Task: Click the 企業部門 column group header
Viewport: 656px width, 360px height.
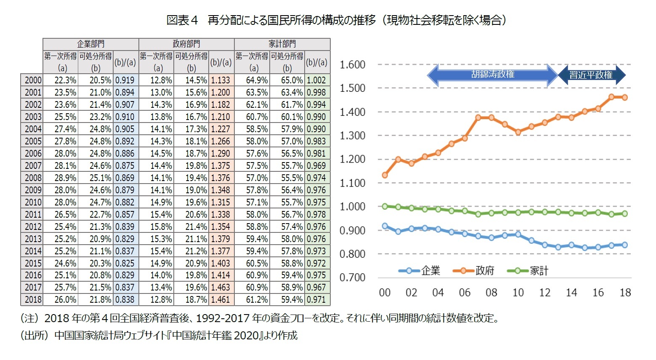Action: (90, 44)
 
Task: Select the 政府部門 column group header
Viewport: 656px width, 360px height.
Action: (186, 44)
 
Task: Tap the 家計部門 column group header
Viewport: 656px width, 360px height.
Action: (282, 44)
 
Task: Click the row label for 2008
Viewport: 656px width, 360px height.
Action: (32, 178)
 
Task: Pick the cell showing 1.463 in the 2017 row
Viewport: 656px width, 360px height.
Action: (220, 288)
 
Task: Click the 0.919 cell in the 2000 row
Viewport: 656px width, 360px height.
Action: (125, 80)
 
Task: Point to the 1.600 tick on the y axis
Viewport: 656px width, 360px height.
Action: (352, 65)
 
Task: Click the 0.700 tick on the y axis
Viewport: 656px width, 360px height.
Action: (352, 277)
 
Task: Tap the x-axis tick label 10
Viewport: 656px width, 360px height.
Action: (518, 293)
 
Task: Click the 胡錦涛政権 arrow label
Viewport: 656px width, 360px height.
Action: (493, 75)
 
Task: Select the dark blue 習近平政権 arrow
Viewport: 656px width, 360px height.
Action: (591, 75)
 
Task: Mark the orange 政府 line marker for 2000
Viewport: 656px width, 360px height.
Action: (385, 175)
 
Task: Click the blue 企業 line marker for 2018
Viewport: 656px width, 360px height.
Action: (624, 245)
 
